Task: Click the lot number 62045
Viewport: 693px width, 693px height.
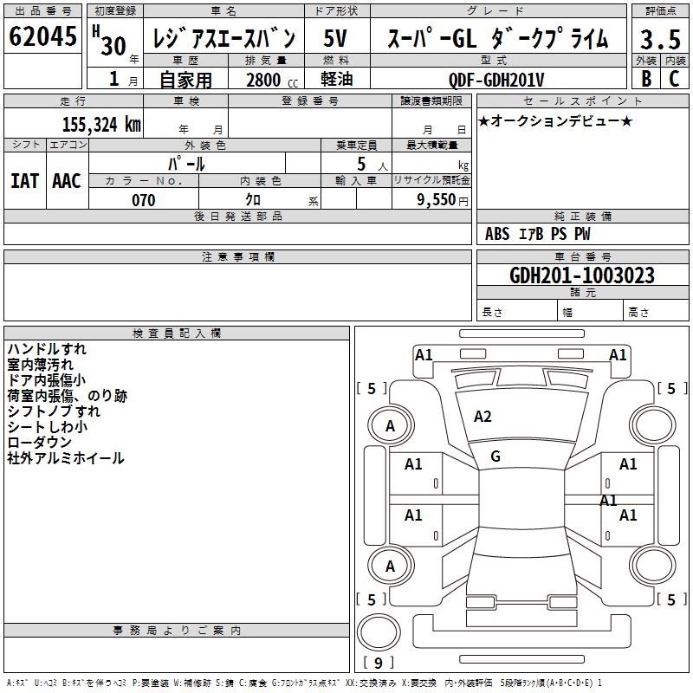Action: click(42, 36)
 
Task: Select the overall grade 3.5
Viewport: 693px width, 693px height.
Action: click(660, 39)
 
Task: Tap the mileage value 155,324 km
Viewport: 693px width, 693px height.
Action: click(101, 125)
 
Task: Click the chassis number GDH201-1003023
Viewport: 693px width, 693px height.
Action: click(582, 275)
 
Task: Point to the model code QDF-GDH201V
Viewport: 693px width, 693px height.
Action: click(496, 80)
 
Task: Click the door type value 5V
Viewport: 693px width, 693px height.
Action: click(335, 38)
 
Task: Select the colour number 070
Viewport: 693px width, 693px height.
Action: click(144, 200)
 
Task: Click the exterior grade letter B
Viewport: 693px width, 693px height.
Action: click(646, 79)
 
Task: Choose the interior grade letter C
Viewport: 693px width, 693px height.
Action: click(674, 79)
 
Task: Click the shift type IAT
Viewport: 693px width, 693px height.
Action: click(25, 181)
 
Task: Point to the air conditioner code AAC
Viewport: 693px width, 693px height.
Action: click(67, 181)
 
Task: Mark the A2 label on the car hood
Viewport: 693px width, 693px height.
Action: click(483, 417)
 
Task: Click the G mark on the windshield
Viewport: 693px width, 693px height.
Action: click(495, 457)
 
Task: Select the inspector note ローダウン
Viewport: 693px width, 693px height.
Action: click(39, 443)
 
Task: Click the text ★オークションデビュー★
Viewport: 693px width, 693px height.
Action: click(555, 120)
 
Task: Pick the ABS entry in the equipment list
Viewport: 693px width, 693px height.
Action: click(497, 234)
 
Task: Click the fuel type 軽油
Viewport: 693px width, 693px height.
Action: click(337, 79)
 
